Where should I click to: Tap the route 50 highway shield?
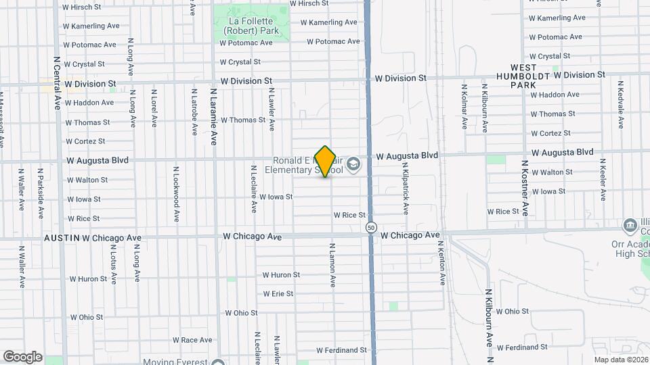[x=371, y=228]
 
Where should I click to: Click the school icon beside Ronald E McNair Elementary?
[x=353, y=164]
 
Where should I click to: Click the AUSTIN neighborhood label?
[x=62, y=238]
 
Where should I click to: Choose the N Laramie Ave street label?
[x=213, y=116]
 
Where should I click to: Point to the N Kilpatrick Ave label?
[x=406, y=188]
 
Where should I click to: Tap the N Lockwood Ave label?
[x=176, y=195]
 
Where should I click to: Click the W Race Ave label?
[x=193, y=340]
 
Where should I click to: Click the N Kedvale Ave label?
[x=620, y=105]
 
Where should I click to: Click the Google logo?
[x=22, y=357]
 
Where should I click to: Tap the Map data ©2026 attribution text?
[x=620, y=360]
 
